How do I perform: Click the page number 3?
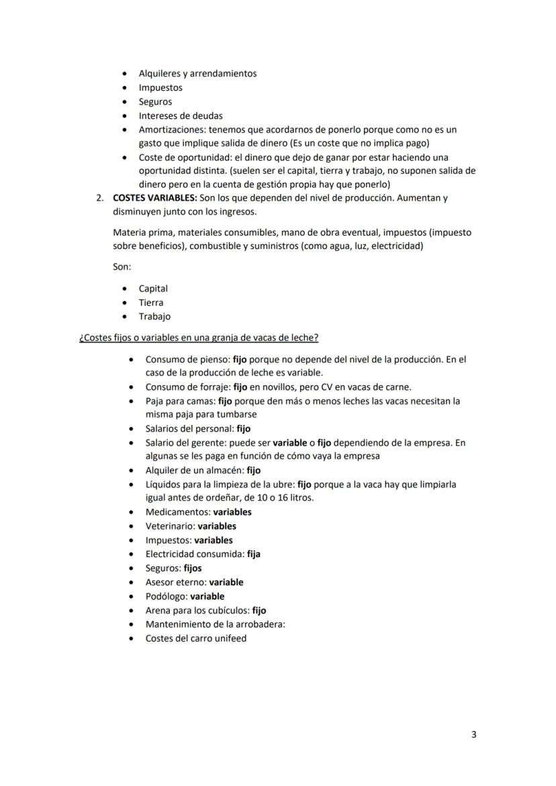(473, 734)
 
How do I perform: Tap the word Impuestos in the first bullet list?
(160, 88)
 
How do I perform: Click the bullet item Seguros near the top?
(155, 102)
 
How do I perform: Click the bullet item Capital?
(153, 289)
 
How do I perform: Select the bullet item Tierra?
(151, 303)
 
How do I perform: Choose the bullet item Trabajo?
(154, 317)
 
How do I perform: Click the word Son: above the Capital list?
(122, 266)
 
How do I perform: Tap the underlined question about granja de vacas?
(199, 337)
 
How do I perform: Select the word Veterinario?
(169, 526)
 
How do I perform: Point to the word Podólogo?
(166, 596)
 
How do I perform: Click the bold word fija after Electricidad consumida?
(254, 554)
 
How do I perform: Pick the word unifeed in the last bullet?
(230, 638)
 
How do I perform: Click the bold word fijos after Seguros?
(192, 569)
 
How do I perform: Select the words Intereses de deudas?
(181, 116)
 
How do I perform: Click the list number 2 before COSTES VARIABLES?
(99, 198)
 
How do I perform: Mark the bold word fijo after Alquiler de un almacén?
(254, 471)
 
